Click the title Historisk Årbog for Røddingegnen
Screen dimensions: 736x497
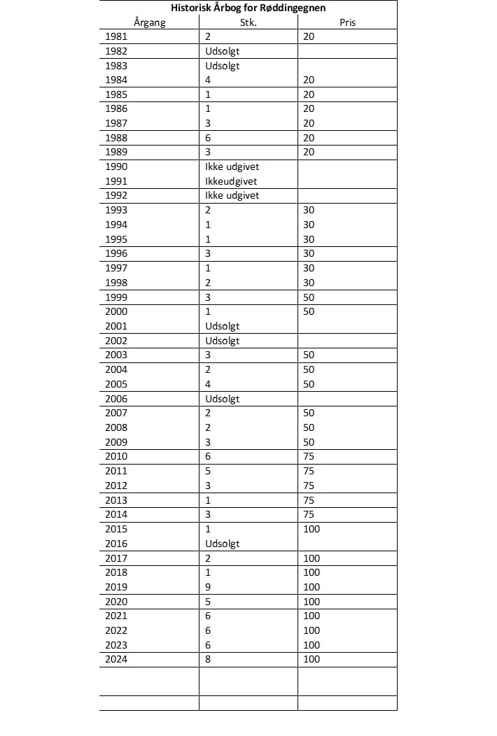pyautogui.click(x=248, y=8)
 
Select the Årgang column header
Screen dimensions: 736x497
pyautogui.click(x=149, y=22)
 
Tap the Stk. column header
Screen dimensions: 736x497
pyautogui.click(x=248, y=22)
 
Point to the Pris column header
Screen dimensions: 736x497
pyautogui.click(x=347, y=22)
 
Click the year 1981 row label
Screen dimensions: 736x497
pyautogui.click(x=116, y=36)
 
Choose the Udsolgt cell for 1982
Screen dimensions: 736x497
pyautogui.click(x=223, y=51)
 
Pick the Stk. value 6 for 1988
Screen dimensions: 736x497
pyautogui.click(x=208, y=138)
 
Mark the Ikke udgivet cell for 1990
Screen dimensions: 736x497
pyautogui.click(x=232, y=167)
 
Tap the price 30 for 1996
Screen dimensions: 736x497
pyautogui.click(x=309, y=253)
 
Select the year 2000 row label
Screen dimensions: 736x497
pyautogui.click(x=116, y=311)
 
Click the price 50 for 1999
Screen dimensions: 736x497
pyautogui.click(x=309, y=297)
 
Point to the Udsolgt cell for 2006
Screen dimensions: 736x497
pyautogui.click(x=223, y=399)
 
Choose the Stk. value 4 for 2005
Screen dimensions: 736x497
pyautogui.click(x=208, y=384)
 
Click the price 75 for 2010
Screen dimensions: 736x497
pyautogui.click(x=309, y=456)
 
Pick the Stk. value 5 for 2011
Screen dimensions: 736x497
pyautogui.click(x=208, y=471)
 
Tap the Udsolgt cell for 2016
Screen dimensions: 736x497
pyautogui.click(x=223, y=544)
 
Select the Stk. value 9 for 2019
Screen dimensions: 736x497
pyautogui.click(x=208, y=587)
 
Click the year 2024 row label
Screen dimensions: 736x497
pyautogui.click(x=116, y=659)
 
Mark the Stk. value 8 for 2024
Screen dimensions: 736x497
pyautogui.click(x=208, y=659)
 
